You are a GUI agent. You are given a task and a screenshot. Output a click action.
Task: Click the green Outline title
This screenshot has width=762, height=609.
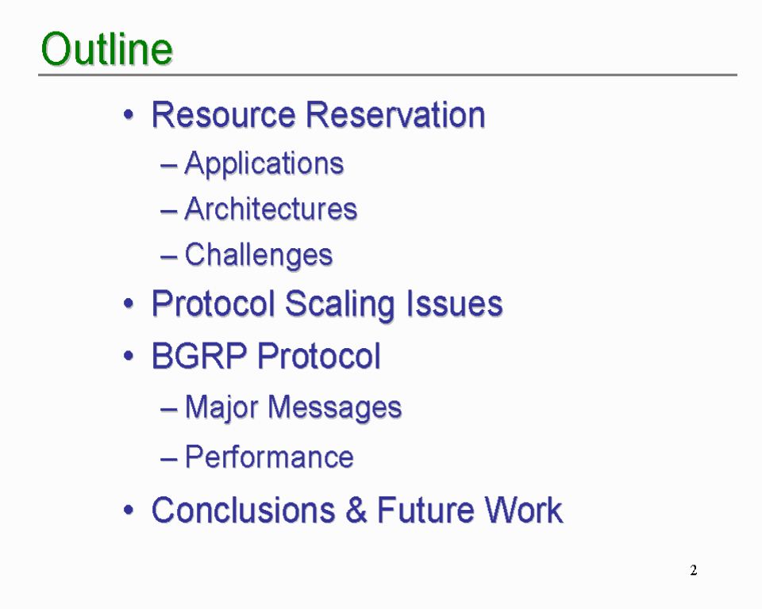[107, 48]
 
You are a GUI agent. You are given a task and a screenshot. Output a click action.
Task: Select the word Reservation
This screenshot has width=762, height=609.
[395, 115]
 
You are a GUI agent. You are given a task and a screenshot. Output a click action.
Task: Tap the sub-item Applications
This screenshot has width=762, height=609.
[264, 163]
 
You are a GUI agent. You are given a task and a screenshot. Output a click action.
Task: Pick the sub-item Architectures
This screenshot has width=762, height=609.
[271, 209]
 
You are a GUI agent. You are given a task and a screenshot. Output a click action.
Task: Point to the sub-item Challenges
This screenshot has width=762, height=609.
[259, 255]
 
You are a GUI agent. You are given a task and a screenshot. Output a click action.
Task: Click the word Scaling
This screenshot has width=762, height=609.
[339, 304]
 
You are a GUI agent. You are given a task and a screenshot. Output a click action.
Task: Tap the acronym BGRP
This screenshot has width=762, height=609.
[199, 356]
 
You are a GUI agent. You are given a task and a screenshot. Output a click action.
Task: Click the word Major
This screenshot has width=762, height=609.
[221, 408]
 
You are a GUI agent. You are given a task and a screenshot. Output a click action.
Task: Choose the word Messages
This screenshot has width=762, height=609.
[335, 407]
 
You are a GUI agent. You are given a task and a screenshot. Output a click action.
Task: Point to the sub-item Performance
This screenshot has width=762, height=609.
[269, 457]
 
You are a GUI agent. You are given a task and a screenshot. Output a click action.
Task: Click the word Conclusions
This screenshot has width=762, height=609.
[244, 510]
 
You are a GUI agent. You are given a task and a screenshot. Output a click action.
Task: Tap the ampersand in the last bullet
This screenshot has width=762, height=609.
[356, 510]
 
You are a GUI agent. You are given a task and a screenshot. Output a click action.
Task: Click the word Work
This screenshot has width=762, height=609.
[525, 510]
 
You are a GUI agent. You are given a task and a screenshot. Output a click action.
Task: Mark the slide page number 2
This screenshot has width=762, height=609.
[694, 570]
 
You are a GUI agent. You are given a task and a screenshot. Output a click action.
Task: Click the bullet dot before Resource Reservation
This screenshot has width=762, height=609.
[129, 115]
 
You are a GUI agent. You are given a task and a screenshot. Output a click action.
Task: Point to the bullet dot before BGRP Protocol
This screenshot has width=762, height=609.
[129, 356]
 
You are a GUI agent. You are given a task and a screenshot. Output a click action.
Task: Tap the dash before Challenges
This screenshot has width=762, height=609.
[168, 257]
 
